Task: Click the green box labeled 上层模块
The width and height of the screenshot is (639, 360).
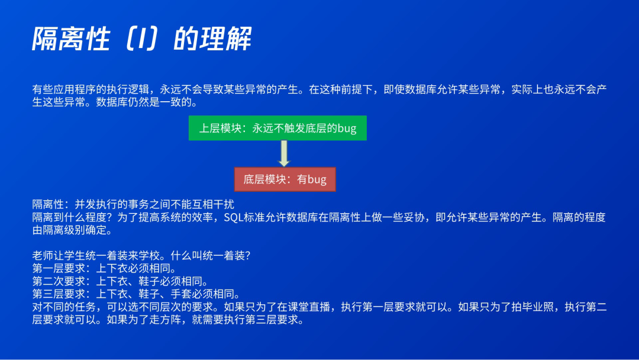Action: pyautogui.click(x=277, y=128)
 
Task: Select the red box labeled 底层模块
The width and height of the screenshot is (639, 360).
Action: pyautogui.click(x=285, y=179)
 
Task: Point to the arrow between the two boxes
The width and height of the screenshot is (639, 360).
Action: pyautogui.click(x=284, y=154)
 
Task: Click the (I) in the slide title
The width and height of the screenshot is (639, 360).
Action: pyautogui.click(x=141, y=38)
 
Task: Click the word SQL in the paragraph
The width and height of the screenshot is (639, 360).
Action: pyautogui.click(x=234, y=217)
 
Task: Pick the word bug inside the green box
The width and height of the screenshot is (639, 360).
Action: pyautogui.click(x=347, y=128)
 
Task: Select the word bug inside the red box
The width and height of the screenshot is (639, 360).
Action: pyautogui.click(x=317, y=180)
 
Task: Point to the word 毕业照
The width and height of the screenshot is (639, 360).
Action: pyautogui.click(x=537, y=307)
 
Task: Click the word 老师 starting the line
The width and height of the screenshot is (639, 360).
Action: pyautogui.click(x=43, y=256)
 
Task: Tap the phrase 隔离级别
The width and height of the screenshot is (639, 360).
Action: pyautogui.click(x=64, y=230)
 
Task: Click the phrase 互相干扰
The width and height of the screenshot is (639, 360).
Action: pyautogui.click(x=213, y=204)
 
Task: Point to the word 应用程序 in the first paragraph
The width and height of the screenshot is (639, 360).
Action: pyautogui.click(x=75, y=89)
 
